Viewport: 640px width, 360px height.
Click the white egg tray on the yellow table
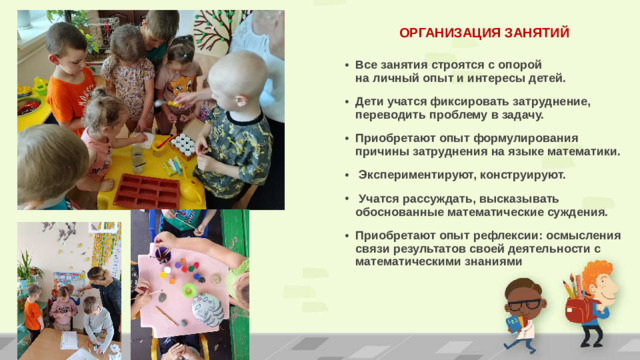(x=183, y=144)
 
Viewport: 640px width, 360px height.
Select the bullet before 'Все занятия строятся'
(x=345, y=63)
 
